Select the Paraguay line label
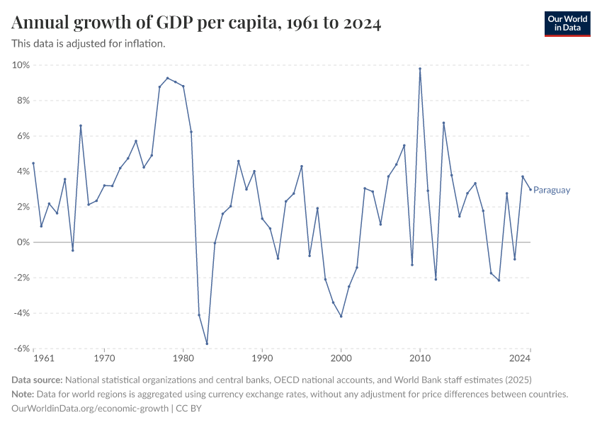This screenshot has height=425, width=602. coord(552,190)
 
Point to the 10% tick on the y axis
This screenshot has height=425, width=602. coord(20,65)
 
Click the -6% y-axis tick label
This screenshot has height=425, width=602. coord(20,348)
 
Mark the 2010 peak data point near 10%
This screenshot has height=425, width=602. coord(420,69)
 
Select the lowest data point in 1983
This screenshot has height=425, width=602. coord(207,344)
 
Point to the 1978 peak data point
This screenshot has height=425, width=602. coord(167,78)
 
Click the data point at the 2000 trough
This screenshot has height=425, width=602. coord(341,316)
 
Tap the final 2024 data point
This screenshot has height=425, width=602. coord(530,189)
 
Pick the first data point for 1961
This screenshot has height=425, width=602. coord(33,163)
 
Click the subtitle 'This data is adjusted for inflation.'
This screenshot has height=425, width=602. coord(89,44)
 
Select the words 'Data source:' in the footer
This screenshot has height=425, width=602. coord(38,380)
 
